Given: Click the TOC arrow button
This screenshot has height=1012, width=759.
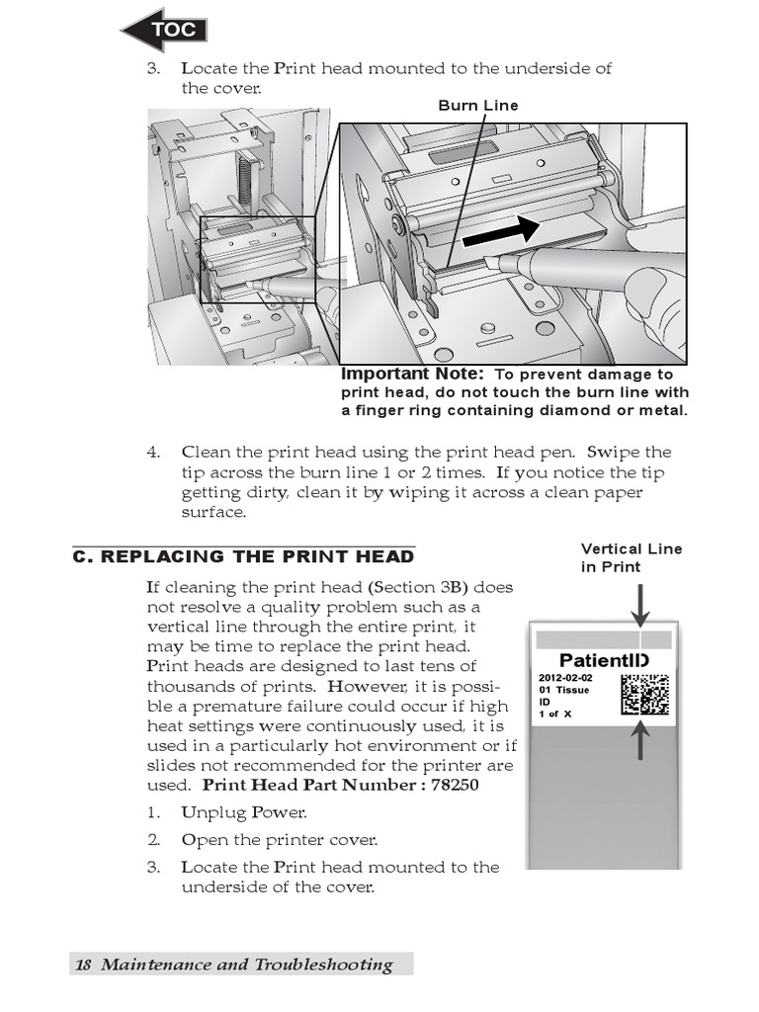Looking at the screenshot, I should pos(165,30).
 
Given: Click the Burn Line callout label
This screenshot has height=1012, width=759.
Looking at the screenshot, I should pos(478,106).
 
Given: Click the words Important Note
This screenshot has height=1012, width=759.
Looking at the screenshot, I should pos(412,375).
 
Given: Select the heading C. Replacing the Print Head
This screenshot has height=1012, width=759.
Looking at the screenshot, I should pos(243,556).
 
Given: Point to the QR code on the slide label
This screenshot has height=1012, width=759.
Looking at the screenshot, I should pos(644,695).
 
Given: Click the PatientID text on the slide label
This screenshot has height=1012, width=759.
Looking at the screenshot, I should pos(603,660).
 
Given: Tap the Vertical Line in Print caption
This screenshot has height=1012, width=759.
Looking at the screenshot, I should pos(631,557).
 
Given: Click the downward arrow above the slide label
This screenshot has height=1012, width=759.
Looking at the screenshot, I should pos(640,605).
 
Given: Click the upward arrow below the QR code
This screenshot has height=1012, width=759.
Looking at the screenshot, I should pos(640,740).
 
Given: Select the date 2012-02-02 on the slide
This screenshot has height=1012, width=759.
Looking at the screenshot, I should pos(566,678).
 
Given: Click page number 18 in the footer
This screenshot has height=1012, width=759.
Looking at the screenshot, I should pos(83,965).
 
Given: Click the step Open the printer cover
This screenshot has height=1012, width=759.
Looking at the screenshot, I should pos(280,840).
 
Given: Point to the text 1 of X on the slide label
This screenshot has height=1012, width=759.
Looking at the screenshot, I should pos(555,715).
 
